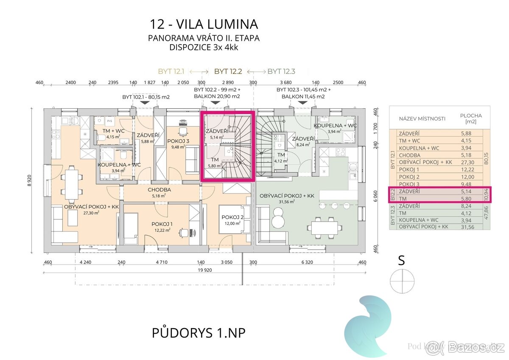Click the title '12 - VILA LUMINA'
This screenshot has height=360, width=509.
tap(204, 23)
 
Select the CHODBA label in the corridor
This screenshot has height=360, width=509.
tap(159, 190)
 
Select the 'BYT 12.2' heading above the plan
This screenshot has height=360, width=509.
tap(228, 71)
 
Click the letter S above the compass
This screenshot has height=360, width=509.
tap(401, 260)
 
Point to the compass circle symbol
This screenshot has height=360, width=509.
tap(401, 281)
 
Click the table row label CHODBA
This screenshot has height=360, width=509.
tap(407, 155)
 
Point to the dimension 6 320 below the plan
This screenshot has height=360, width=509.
tap(307, 262)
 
